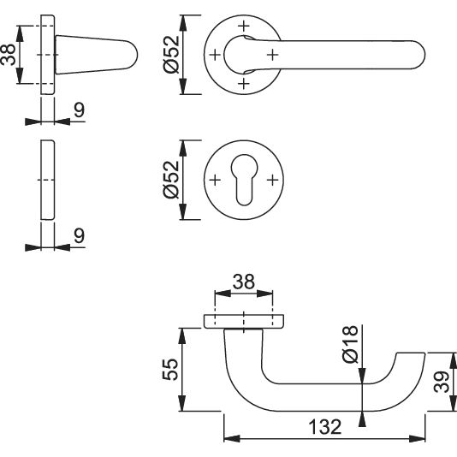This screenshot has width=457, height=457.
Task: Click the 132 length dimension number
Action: point(324,427)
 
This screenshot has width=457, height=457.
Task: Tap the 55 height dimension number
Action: point(170,369)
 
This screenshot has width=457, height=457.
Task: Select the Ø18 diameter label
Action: point(350,344)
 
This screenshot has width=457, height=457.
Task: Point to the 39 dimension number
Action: point(442,382)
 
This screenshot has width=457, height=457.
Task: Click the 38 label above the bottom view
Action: point(243,282)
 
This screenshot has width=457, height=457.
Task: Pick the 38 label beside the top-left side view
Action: point(8,55)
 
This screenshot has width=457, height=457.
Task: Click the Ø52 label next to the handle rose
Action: point(171,55)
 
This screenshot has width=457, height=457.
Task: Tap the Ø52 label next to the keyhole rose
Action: point(171,180)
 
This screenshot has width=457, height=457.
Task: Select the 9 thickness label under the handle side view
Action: point(79,110)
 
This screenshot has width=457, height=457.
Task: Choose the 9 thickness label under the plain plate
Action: point(79,235)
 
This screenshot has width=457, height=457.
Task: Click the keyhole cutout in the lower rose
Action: point(244,179)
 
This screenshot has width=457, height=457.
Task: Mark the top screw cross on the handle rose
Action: point(244,26)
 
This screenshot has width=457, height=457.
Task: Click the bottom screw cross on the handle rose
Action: point(244,84)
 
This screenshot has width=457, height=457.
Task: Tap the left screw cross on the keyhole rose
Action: point(215,180)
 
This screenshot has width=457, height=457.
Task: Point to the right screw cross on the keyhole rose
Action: point(273,180)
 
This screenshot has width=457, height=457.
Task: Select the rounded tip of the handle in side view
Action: point(134,55)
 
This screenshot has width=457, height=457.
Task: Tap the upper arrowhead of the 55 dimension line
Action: point(182,335)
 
